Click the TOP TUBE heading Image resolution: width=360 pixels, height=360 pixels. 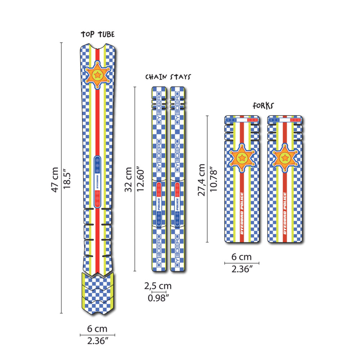(x=98, y=34)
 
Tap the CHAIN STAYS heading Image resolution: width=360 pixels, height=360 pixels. (x=168, y=77)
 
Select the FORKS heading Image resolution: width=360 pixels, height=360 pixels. (x=263, y=105)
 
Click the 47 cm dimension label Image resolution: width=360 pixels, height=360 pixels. (x=55, y=180)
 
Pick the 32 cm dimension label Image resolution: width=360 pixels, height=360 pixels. (x=129, y=180)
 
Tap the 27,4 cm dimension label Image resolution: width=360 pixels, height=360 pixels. (x=201, y=180)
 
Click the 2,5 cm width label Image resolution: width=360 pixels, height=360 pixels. (x=158, y=286)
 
